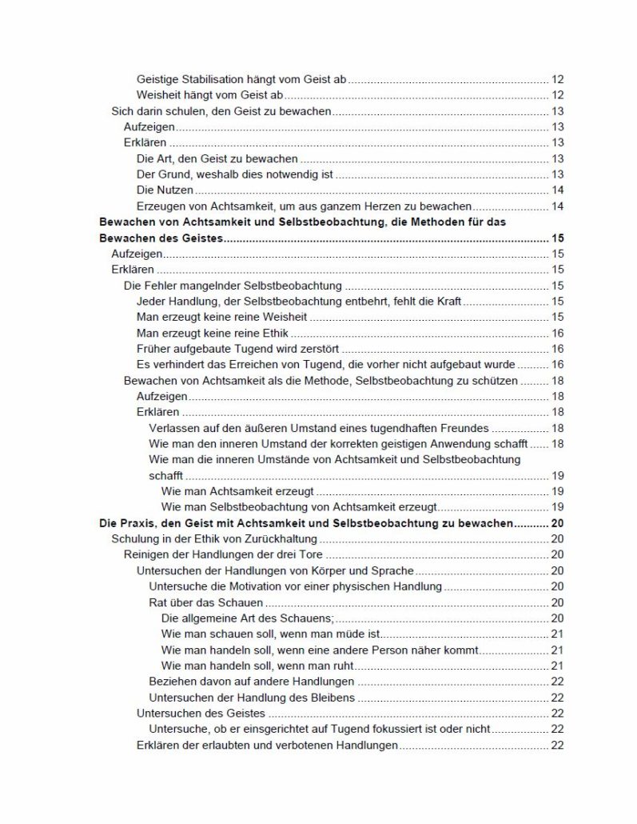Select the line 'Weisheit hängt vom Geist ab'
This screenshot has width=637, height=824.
[210, 95]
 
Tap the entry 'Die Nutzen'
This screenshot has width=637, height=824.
[165, 190]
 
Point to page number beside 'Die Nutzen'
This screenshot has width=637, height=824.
[558, 190]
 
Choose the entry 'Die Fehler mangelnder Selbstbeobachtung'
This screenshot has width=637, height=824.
[233, 285]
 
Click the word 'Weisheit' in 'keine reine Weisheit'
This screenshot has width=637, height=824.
[289, 317]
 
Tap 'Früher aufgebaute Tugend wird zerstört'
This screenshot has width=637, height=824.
[238, 348]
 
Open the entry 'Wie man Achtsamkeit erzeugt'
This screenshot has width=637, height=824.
[237, 490]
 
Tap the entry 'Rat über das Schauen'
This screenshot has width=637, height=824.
[205, 602]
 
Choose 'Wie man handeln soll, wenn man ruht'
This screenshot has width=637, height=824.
[257, 665]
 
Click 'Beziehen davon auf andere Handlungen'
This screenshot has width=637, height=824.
[252, 681]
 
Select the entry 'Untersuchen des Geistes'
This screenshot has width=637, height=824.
[201, 713]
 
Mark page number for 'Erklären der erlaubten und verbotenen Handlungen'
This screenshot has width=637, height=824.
[558, 745]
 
